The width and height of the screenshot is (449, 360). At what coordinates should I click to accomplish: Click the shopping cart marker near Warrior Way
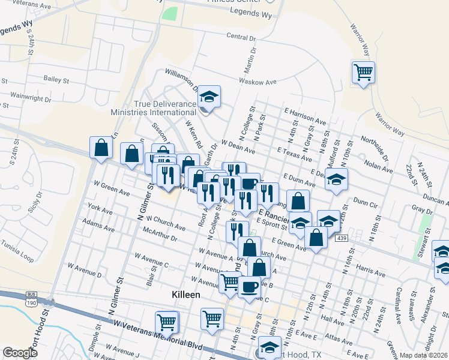364,73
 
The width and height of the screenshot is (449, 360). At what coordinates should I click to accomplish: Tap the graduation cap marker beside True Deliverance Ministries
209,97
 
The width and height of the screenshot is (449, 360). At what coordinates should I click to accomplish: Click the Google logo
20,353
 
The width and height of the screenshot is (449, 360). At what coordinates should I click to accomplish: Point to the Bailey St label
56,79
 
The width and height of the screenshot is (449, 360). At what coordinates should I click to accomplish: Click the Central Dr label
241,37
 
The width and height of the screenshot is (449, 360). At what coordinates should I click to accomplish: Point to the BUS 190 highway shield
31,298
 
